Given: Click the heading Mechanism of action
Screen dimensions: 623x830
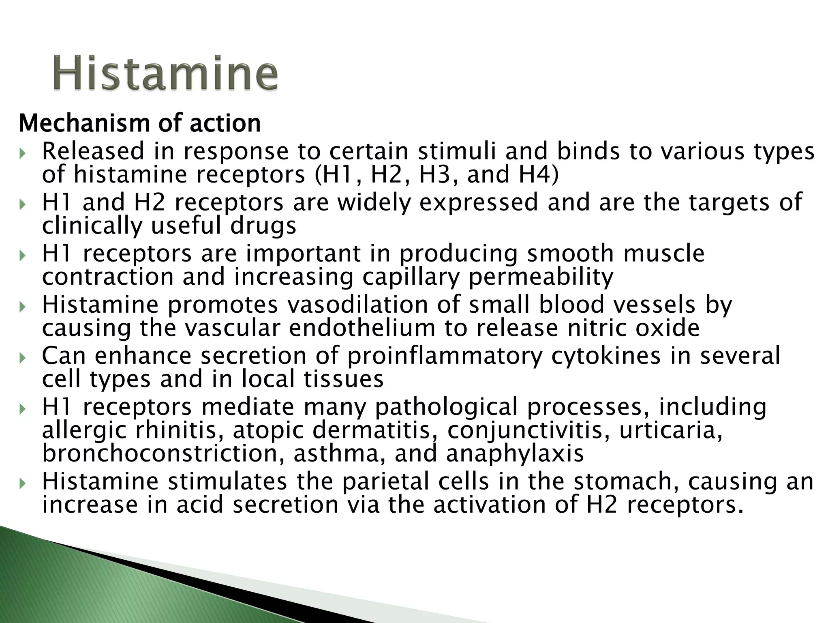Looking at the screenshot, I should [x=140, y=123].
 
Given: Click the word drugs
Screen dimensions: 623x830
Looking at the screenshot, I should [x=263, y=226].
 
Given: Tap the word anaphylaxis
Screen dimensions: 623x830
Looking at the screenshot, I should [x=515, y=454].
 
